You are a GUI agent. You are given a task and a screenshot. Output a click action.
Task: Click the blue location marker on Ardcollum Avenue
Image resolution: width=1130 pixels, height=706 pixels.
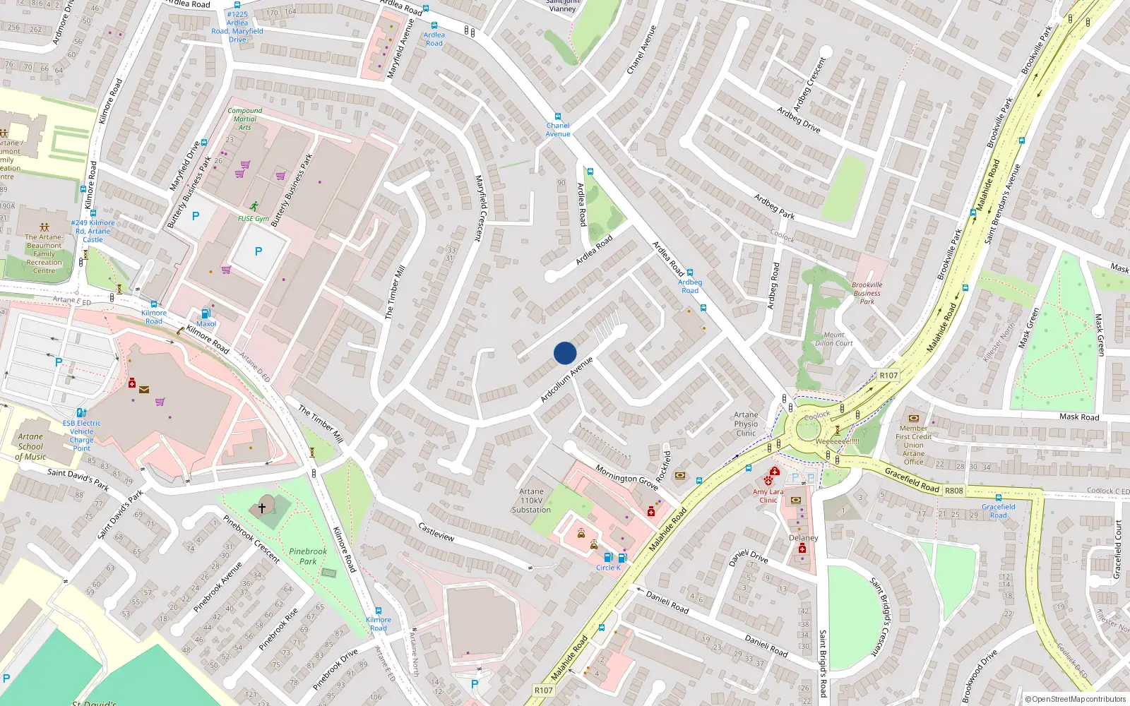[x=565, y=353]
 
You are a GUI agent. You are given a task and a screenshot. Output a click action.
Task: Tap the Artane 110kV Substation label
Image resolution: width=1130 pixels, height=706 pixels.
[x=531, y=501]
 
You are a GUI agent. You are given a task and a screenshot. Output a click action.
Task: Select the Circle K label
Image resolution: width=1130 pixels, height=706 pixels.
[x=608, y=568]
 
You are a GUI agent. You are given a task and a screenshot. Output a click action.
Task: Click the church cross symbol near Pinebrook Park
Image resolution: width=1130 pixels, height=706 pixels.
[x=262, y=506]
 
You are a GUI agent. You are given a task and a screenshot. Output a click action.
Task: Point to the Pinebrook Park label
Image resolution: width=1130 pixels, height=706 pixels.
[x=308, y=556]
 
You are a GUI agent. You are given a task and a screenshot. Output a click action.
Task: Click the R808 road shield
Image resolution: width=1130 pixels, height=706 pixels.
[x=953, y=491]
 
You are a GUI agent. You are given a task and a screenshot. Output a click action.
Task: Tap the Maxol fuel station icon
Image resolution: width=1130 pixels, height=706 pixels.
[x=206, y=314]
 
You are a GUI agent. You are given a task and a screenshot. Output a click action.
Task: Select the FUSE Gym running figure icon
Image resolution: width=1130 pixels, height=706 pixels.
[x=254, y=207]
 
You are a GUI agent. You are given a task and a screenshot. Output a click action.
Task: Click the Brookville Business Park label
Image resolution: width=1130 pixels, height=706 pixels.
[x=867, y=293]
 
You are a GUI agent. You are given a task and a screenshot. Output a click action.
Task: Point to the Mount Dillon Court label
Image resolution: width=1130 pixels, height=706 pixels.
[x=834, y=339]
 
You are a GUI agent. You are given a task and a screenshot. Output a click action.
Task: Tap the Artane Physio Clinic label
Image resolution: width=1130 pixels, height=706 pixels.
[x=746, y=424]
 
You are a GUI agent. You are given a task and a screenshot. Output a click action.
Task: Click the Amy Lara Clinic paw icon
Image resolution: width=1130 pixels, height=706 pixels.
[x=768, y=481]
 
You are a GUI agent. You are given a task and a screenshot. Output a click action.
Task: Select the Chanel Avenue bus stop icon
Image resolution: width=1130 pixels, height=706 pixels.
[x=558, y=117]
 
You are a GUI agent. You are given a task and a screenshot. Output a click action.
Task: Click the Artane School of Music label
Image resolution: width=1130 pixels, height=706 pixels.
[x=30, y=447]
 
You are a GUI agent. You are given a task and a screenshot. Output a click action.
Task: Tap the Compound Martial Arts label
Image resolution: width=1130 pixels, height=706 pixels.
[x=245, y=119]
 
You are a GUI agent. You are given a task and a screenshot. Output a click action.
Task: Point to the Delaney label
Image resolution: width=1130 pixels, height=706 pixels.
[x=803, y=538]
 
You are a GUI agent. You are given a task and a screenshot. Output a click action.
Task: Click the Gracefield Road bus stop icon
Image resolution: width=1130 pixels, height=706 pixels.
[x=999, y=498]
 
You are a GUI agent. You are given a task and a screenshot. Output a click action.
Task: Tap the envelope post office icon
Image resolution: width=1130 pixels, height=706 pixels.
[x=144, y=389]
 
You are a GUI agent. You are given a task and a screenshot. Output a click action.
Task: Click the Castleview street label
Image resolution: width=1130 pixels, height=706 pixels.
[x=436, y=532]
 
